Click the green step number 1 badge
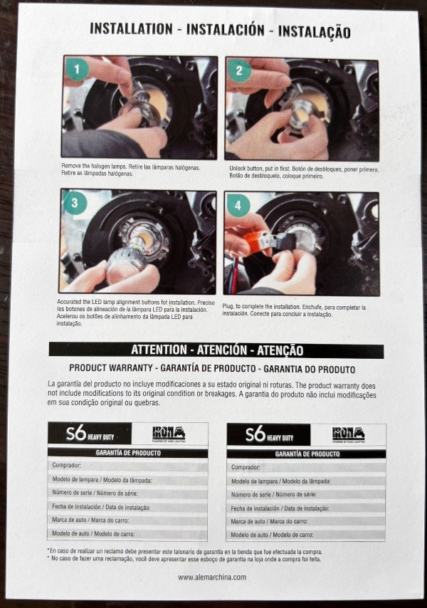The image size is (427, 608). coord(77,69)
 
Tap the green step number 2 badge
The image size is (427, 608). coord(239,70)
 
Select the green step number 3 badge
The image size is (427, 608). coord(75,203)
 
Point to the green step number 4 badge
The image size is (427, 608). coord(238,206)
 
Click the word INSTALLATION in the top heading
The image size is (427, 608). coord(132,29)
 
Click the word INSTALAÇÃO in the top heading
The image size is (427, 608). coord(315,31)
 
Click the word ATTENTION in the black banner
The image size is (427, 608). coord(159,350)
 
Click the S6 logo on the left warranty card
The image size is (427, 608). coord(90,434)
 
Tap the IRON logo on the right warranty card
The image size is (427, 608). coord(348,435)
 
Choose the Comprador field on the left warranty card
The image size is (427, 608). coord(127,466)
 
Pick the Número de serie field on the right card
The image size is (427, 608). coord(306,494)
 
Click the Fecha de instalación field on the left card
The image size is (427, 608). coord(127,507)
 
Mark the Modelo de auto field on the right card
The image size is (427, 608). coord(306,535)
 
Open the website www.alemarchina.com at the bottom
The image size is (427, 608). coord(212,577)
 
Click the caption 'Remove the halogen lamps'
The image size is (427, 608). coord(130,170)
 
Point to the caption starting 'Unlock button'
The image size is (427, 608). coord(304,172)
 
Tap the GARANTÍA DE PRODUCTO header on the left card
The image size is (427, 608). coord(128,453)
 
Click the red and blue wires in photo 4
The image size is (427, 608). coord(234,276)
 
